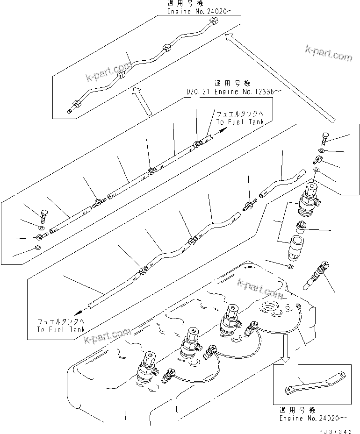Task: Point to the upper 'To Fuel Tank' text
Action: click(240, 121)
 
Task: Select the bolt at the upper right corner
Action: click(324, 138)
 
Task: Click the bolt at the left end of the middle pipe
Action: click(45, 215)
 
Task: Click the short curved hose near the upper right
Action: click(282, 182)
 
